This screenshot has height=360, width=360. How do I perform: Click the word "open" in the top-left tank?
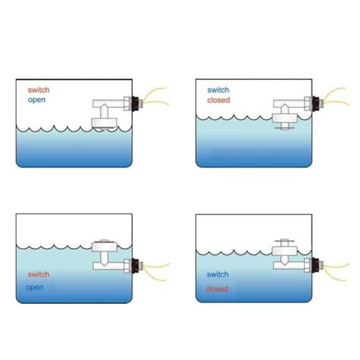click(x=37, y=100)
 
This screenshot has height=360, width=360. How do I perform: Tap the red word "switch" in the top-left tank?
click(x=39, y=90)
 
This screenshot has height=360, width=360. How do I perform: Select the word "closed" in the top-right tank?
click(x=219, y=100)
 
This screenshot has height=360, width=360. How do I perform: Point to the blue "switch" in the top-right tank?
click(x=218, y=90)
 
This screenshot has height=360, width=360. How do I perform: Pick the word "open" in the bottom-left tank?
click(x=34, y=288)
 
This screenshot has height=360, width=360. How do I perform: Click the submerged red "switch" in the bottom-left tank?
click(x=39, y=274)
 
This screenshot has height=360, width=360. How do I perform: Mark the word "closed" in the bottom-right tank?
click(x=216, y=289)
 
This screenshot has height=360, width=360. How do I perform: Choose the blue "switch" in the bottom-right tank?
click(x=218, y=274)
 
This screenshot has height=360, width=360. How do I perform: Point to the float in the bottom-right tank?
click(x=285, y=251)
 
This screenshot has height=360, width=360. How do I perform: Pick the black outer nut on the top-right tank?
click(x=315, y=103)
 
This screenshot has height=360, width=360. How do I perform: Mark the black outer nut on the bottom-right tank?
click(x=315, y=265)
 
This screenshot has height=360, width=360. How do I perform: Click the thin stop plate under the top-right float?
click(x=285, y=128)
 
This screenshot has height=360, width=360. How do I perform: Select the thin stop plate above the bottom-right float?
click(x=285, y=241)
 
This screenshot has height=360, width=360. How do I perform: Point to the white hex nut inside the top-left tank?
click(x=128, y=103)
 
